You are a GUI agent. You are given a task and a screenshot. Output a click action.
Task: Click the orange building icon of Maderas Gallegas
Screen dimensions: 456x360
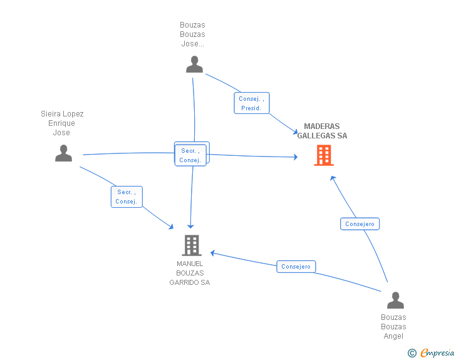click(x=324, y=155)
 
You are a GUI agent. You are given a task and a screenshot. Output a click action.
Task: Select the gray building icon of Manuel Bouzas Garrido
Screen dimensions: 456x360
click(x=192, y=245)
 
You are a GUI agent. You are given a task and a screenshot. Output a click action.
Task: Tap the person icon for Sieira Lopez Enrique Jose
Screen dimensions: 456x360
click(x=63, y=153)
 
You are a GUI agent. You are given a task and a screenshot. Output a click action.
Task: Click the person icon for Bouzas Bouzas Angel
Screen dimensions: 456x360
click(x=395, y=300)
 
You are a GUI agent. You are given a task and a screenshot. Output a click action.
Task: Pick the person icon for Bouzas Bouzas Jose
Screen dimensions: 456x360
click(x=194, y=64)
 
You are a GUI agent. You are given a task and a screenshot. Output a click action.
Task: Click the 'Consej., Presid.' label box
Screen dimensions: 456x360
click(x=252, y=103)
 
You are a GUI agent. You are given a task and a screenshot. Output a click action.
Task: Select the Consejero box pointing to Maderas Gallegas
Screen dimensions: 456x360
click(x=360, y=224)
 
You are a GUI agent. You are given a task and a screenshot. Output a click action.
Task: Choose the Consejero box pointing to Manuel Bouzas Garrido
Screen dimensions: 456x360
click(x=296, y=266)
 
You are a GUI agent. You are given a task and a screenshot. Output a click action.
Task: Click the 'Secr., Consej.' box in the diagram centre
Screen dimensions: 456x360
click(x=190, y=155)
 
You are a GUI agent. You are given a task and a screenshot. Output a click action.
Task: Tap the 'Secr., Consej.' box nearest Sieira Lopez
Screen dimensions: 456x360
click(x=127, y=197)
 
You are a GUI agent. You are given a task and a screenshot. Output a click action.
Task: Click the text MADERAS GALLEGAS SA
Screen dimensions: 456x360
click(x=322, y=131)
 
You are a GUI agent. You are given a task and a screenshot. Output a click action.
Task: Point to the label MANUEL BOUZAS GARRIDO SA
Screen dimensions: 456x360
click(x=190, y=273)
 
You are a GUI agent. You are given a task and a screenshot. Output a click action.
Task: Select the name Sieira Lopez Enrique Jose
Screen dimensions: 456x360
click(x=62, y=123)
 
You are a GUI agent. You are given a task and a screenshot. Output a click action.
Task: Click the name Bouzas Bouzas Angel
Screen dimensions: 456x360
click(x=393, y=327)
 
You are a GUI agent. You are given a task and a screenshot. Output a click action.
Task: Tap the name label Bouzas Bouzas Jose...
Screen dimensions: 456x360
click(x=192, y=34)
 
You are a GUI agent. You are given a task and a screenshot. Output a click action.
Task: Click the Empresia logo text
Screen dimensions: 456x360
click(x=437, y=352)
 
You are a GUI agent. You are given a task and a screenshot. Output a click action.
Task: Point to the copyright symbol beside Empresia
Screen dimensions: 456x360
click(x=412, y=353)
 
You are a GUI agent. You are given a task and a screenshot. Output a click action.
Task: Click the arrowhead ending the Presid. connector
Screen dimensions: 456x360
click(x=296, y=133)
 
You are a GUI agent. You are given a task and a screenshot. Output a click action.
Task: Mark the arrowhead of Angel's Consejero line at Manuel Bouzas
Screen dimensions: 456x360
click(x=212, y=253)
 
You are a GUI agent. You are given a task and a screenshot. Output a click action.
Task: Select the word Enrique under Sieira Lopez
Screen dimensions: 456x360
click(x=61, y=123)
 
